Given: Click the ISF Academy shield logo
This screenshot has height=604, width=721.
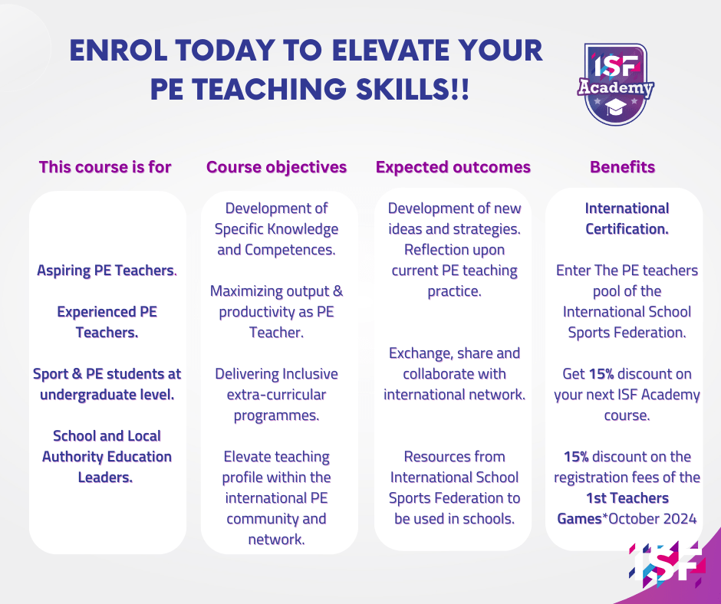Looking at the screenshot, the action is pos(615,84).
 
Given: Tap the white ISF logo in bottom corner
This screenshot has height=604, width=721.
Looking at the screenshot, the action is pos(667,564).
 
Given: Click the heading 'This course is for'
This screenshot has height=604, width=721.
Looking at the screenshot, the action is pos(105,167).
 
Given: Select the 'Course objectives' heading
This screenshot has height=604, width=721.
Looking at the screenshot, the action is pos(276,167).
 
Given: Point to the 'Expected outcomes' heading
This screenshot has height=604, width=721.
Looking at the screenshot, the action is pos(453,167).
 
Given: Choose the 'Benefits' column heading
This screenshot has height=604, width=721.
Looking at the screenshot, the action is pos(623,167).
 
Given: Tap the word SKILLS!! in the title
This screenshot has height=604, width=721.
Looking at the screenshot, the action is pos(413,89).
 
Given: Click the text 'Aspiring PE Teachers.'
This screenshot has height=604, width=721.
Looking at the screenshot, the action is pos(107,271).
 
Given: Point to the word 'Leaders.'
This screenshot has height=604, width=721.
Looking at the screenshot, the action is pos(105,477).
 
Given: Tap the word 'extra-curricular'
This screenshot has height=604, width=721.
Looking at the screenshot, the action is pos(276,395).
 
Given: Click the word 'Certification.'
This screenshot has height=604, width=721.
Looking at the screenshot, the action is pos(627,229).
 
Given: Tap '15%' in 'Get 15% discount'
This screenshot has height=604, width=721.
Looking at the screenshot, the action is pos(601,374).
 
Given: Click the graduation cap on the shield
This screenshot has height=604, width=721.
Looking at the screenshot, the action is pos(615,109).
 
